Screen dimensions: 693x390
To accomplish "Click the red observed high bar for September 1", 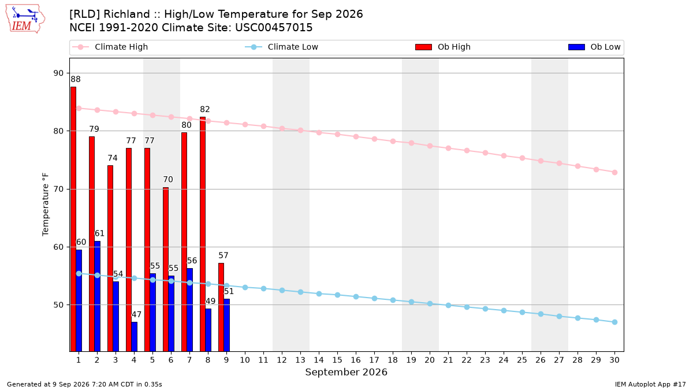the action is coord(73,219).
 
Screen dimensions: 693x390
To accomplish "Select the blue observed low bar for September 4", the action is coord(134,337).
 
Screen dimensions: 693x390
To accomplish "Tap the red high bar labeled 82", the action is coord(203,235).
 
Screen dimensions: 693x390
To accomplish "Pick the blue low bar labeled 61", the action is coord(98,296).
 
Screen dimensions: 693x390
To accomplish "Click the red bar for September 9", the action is coord(221,307).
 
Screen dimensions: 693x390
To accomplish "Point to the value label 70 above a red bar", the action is coord(168,180).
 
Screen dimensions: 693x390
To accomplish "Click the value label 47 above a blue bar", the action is coord(136,314).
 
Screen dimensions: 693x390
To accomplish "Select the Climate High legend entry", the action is coord(110,47).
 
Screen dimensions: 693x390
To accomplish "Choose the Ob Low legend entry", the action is coord(594,47).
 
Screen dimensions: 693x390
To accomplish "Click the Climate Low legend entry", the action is coord(282,47).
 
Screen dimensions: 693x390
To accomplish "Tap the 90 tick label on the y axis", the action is coord(58,73).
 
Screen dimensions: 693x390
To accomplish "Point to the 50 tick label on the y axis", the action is coord(58,305).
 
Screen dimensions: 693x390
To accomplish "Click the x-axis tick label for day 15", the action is coord(337,360).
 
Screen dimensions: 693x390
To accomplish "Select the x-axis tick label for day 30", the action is coord(614,360).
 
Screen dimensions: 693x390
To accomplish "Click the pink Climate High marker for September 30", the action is coord(614,172).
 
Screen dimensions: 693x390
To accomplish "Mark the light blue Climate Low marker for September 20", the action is coord(430,304).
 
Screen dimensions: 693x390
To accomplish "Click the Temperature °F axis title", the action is coord(46,205).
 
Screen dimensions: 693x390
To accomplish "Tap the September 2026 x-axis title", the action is coord(346,372).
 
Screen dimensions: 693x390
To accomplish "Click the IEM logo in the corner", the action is coord(25,19).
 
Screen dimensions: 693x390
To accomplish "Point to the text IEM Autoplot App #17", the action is coord(650,384).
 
